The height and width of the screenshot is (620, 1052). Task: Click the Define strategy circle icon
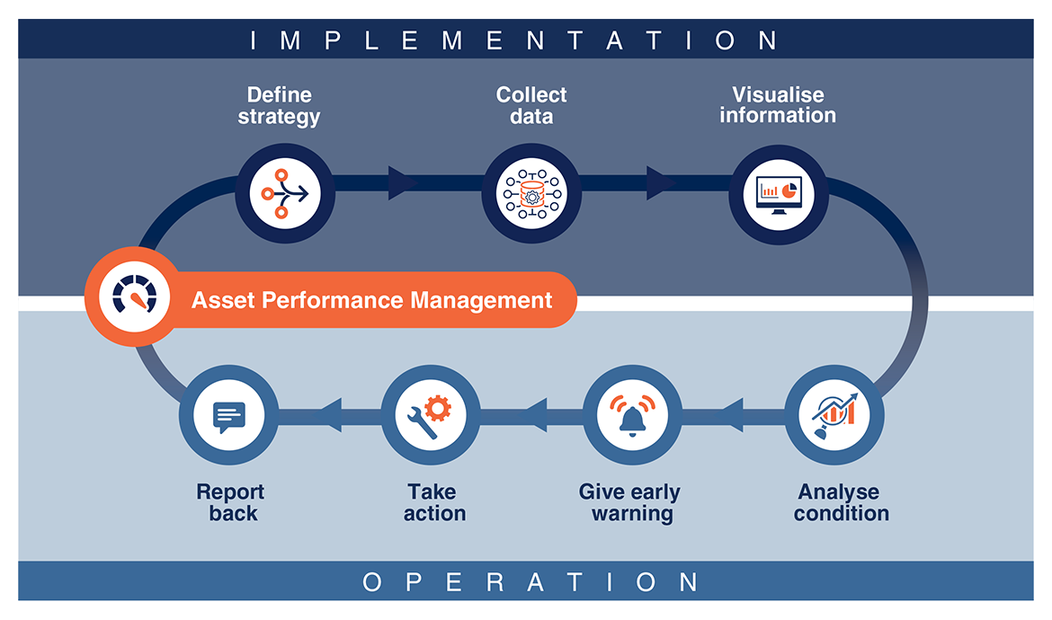(285, 192)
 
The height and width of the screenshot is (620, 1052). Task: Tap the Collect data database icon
(530, 192)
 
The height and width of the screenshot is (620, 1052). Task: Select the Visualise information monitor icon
(779, 192)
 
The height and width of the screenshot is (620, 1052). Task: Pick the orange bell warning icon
(632, 414)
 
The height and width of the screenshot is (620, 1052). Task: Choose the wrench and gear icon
(431, 414)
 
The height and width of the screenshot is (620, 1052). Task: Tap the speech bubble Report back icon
(228, 415)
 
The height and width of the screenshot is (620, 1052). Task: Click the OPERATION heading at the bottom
(530, 582)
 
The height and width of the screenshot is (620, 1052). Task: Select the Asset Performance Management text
(371, 299)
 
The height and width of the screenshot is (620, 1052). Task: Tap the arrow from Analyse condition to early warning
(733, 415)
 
